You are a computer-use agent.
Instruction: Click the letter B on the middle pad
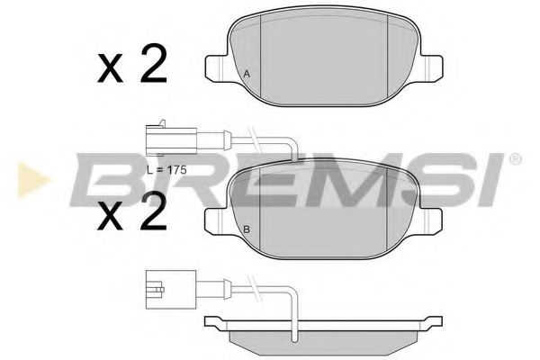pyautogui.click(x=247, y=229)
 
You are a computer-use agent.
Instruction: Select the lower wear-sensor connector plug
pyautogui.click(x=161, y=290)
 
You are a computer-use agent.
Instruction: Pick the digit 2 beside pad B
pyautogui.click(x=152, y=213)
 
